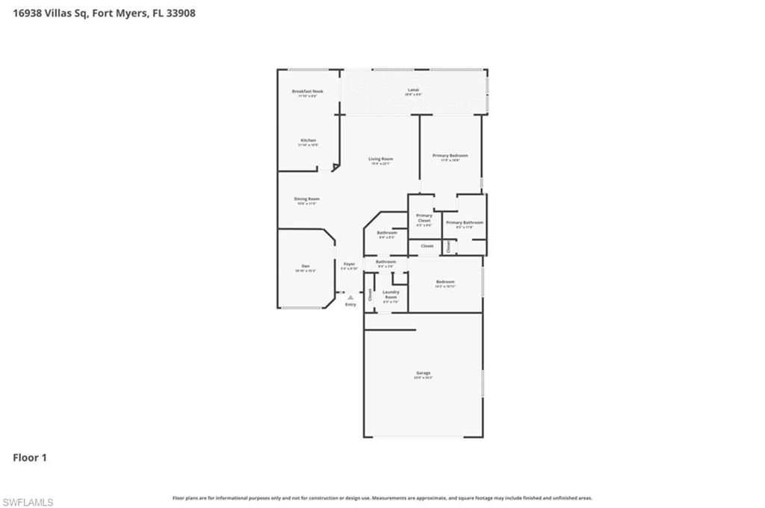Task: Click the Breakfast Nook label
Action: coord(307,92)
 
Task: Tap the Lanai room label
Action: coord(413,90)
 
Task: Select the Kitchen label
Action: coord(308,140)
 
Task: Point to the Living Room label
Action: coord(380,159)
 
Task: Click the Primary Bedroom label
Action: coord(450,156)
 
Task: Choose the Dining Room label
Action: coord(306,199)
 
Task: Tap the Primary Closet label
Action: coord(424,218)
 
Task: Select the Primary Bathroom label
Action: coord(464,222)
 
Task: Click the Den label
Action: coord(305,266)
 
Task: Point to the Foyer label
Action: coord(349,264)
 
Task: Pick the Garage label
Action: coord(423,373)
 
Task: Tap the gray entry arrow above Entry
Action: coord(350,297)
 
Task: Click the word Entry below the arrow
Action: coord(350,304)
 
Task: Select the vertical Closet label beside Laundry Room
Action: coord(370,294)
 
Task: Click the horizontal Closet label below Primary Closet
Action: coord(427,245)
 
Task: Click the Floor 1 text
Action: coord(30,457)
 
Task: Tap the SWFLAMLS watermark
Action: coord(28,502)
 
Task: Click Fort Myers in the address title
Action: coord(120,13)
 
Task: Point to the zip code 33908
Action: coord(181,13)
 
